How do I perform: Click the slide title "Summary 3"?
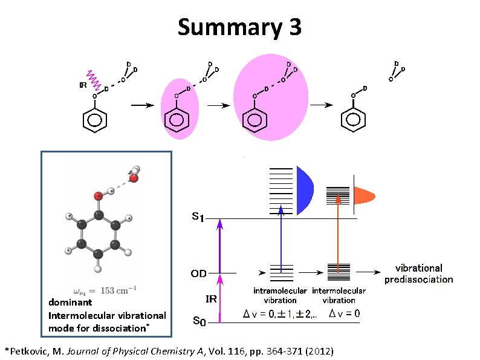pyautogui.click(x=239, y=27)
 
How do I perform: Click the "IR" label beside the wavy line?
pyautogui.click(x=83, y=85)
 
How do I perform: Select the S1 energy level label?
pyautogui.click(x=197, y=217)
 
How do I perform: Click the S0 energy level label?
pyautogui.click(x=199, y=321)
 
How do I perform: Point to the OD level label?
pyautogui.click(x=198, y=273)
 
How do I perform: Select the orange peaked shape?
pyautogui.click(x=364, y=195)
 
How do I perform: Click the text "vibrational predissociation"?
pyautogui.click(x=418, y=273)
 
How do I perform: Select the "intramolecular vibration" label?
pyautogui.click(x=280, y=295)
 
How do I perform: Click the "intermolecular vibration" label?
pyautogui.click(x=339, y=295)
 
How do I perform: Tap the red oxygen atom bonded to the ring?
pyautogui.click(x=97, y=197)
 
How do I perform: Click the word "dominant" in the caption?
pyautogui.click(x=70, y=302)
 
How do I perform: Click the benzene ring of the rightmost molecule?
pyautogui.click(x=353, y=120)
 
